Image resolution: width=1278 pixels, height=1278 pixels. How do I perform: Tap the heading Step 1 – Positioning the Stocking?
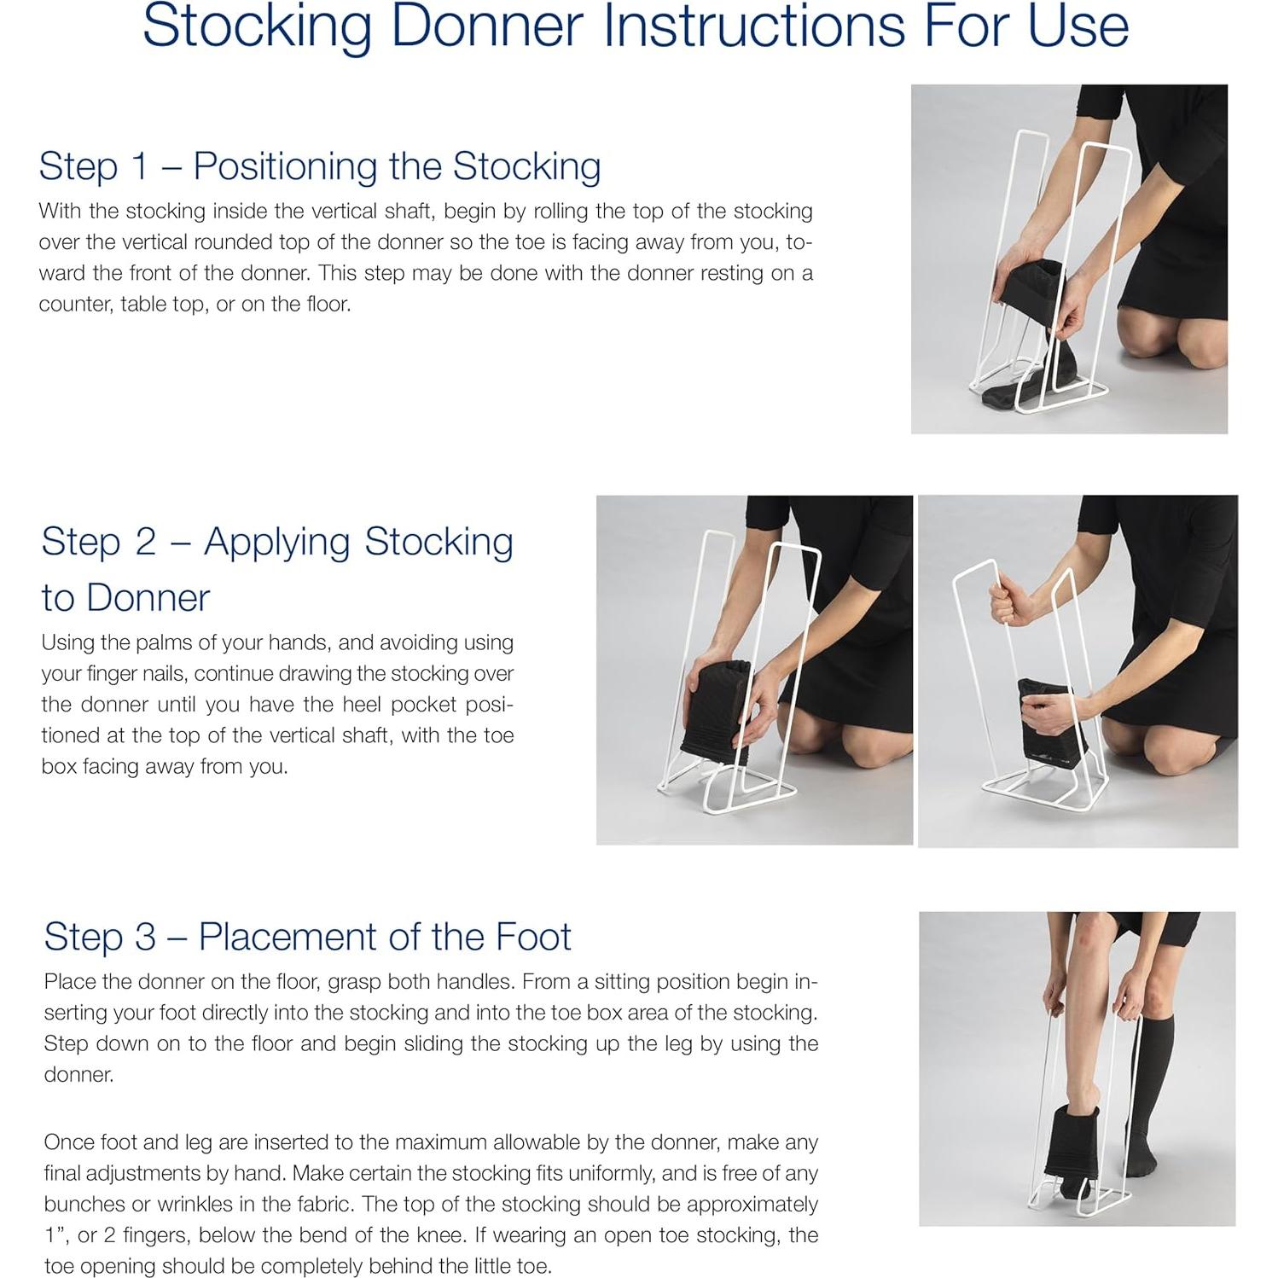319,166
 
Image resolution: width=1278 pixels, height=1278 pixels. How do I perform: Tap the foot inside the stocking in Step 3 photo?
1077,1143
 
